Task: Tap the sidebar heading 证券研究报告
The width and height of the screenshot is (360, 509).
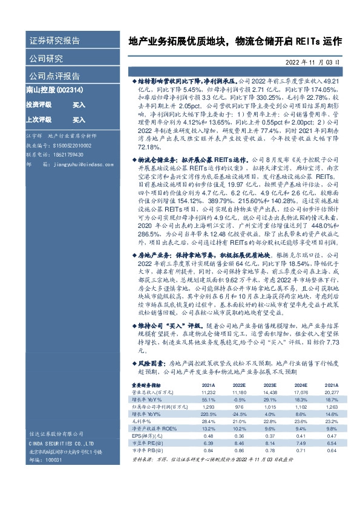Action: pyautogui.click(x=54, y=41)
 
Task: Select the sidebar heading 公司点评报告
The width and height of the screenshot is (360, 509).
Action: pyautogui.click(x=54, y=76)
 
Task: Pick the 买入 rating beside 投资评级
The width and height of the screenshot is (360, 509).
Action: pyautogui.click(x=79, y=105)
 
